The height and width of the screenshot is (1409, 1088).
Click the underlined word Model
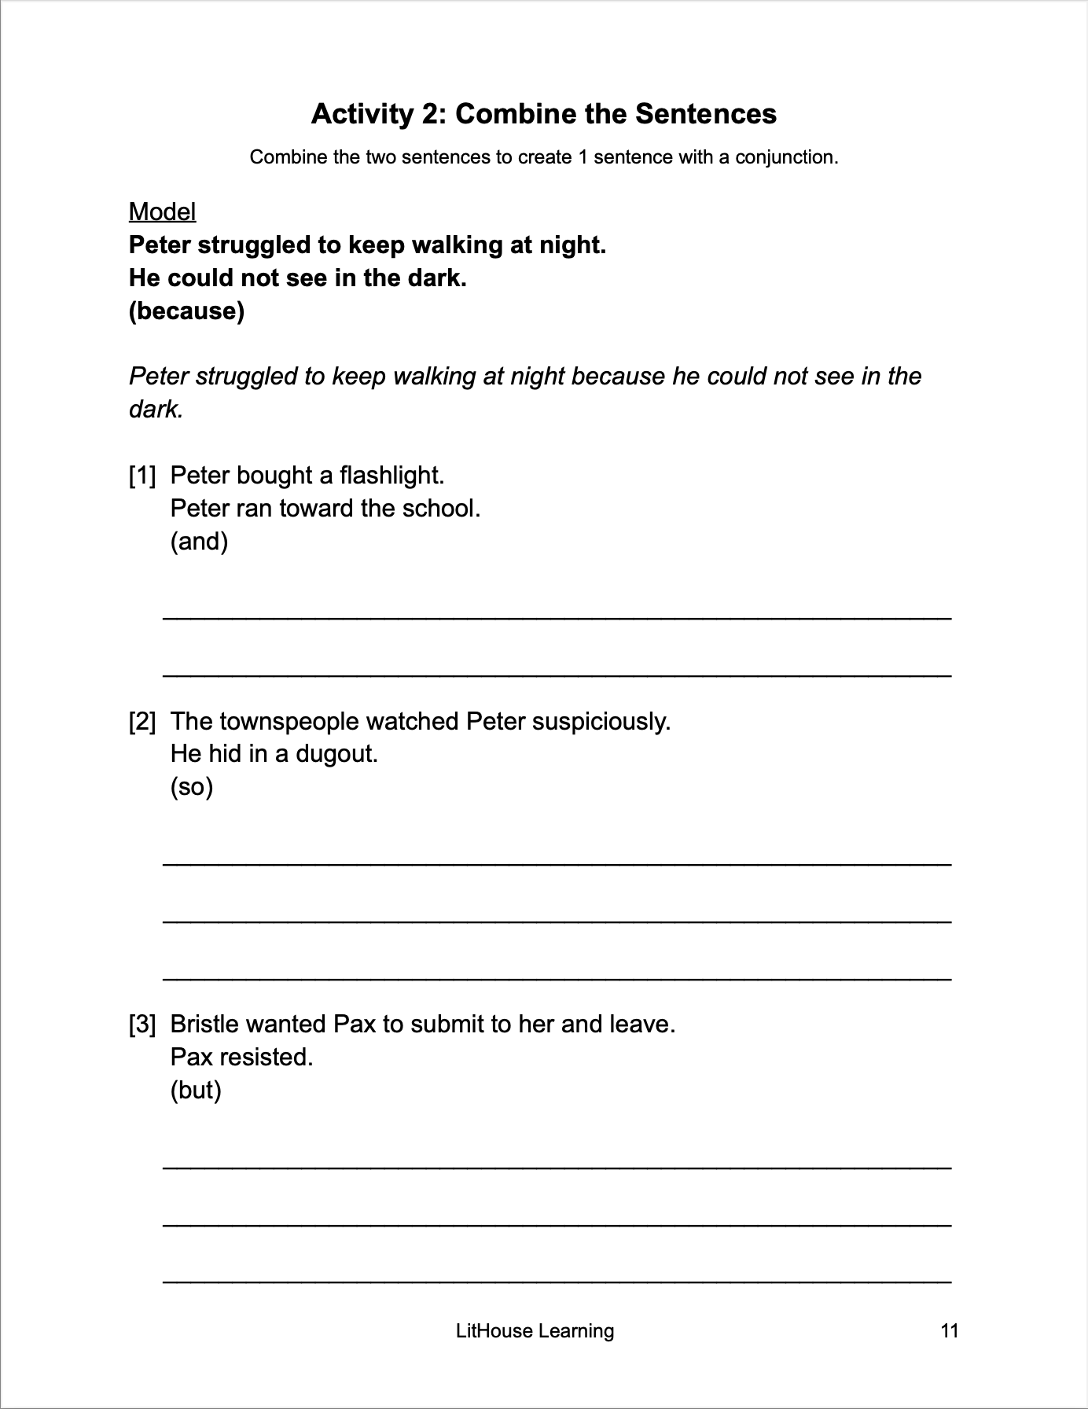point(162,212)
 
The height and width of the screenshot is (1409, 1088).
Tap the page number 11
point(949,1330)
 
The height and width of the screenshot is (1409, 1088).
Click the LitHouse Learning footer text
point(535,1330)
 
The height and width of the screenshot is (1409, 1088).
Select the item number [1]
point(142,476)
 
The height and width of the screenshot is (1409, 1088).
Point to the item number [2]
point(142,722)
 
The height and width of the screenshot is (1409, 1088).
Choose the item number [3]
point(142,1025)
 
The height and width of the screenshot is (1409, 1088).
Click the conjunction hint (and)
point(199,542)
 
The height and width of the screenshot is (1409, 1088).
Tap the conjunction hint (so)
point(192,787)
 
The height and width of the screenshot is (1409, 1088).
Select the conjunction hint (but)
point(196,1090)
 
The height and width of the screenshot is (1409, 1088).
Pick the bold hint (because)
point(186,311)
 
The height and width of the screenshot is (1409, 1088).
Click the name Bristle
point(204,1025)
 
